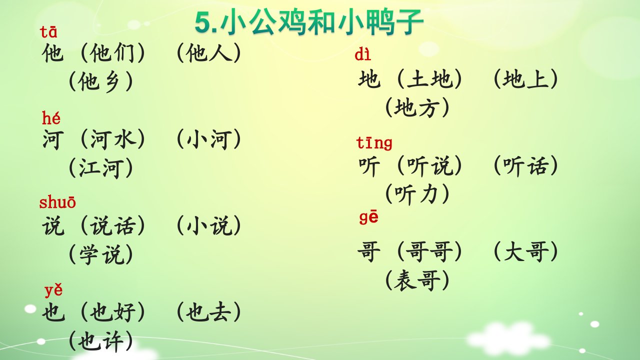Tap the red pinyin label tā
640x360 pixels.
[48, 31]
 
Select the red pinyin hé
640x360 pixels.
[51, 117]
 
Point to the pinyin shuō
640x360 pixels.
[57, 202]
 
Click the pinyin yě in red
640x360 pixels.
[53, 290]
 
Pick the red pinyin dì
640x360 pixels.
[363, 54]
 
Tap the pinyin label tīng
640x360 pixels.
[374, 143]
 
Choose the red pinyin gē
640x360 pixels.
[369, 217]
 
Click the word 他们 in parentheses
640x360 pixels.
[112, 53]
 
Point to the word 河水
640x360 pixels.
[113, 139]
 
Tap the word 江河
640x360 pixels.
[100, 167]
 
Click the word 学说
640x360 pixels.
[101, 254]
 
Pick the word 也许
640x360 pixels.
[100, 341]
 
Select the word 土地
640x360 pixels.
[429, 79]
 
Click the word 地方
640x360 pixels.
[417, 107]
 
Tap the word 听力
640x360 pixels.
[417, 193]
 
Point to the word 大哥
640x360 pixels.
[526, 251]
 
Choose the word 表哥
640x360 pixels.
[417, 280]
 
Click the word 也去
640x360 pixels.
[208, 311]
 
